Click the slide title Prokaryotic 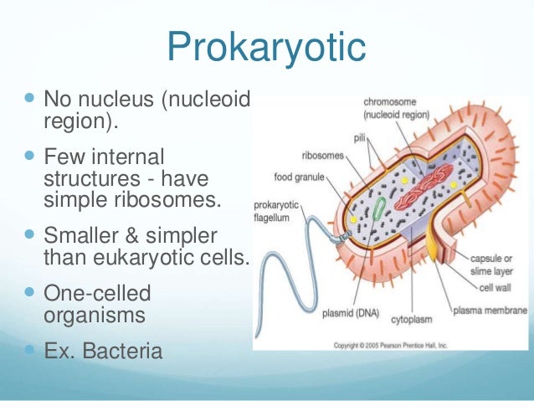tap(266, 48)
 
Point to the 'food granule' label tap(300, 177)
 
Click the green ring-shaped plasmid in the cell tap(379, 209)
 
